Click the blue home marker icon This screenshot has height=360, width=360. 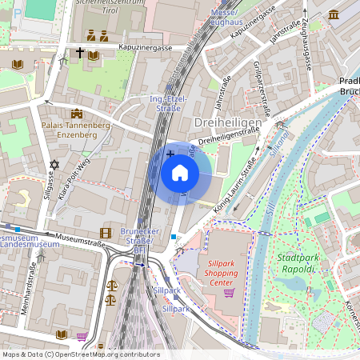coord(180,173)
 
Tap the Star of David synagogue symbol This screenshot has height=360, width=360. coord(54,165)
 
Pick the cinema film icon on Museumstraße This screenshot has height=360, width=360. coord(106,233)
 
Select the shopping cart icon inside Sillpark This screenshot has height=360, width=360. coord(230,293)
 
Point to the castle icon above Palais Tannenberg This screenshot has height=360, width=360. coord(76,114)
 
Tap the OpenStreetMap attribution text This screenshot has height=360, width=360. coord(80,354)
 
